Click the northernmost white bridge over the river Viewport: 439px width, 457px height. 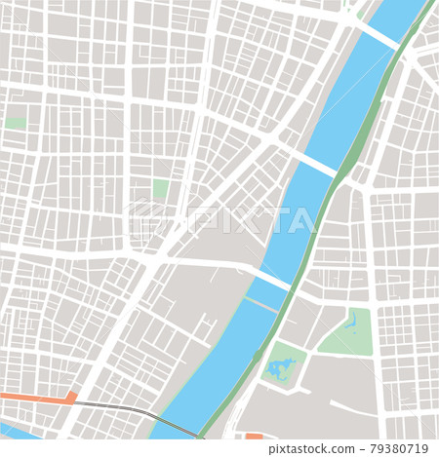tap(379, 36)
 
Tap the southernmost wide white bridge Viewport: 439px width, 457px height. tap(272, 280)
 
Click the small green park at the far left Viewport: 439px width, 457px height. tap(16, 124)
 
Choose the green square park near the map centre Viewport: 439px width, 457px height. tap(160, 188)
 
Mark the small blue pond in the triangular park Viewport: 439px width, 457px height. tap(350, 319)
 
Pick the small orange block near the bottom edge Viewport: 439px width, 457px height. tap(255, 437)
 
